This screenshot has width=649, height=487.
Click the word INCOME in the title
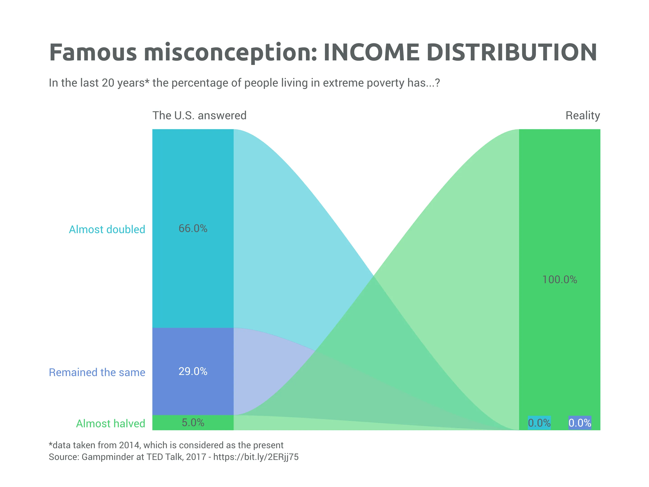coord(371,53)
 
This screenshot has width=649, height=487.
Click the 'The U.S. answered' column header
coord(199,116)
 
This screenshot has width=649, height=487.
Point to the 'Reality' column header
coord(582,116)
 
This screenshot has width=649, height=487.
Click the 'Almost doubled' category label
coord(107,230)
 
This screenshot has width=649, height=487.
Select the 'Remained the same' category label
coord(97,372)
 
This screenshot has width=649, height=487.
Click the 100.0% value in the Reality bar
coord(560,279)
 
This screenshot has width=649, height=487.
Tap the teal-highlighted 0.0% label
coord(539,423)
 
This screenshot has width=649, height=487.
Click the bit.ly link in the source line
coord(256,457)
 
